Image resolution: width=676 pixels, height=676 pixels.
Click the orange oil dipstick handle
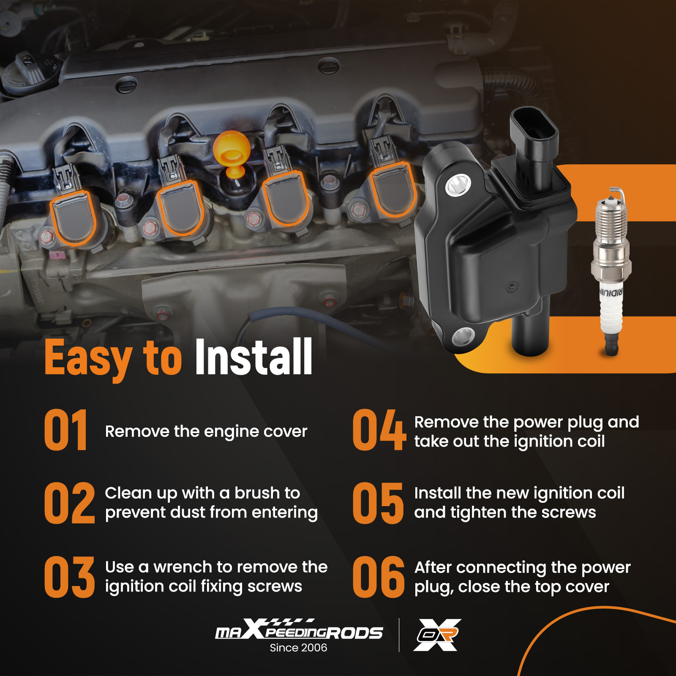coord(232,154)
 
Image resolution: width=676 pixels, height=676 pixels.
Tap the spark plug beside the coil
coord(611,270)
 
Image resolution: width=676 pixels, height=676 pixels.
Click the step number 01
coord(65,430)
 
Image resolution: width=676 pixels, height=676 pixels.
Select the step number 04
coord(379,430)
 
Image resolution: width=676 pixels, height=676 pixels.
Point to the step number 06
coord(379,577)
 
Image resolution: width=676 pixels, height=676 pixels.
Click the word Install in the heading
coord(253,357)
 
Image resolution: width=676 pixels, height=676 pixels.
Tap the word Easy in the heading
coord(88,359)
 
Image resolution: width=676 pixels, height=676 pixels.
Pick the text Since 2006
coord(298,648)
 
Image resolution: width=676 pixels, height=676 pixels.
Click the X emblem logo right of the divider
coord(437,635)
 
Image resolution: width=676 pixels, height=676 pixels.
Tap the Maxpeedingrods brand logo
coord(299,629)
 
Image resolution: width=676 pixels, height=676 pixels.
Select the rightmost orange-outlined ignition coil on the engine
coord(393,189)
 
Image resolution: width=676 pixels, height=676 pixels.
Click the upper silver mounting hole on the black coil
coord(458,185)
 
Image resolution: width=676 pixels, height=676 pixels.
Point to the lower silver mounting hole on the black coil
coord(463,337)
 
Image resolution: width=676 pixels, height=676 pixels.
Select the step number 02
coord(69,503)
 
